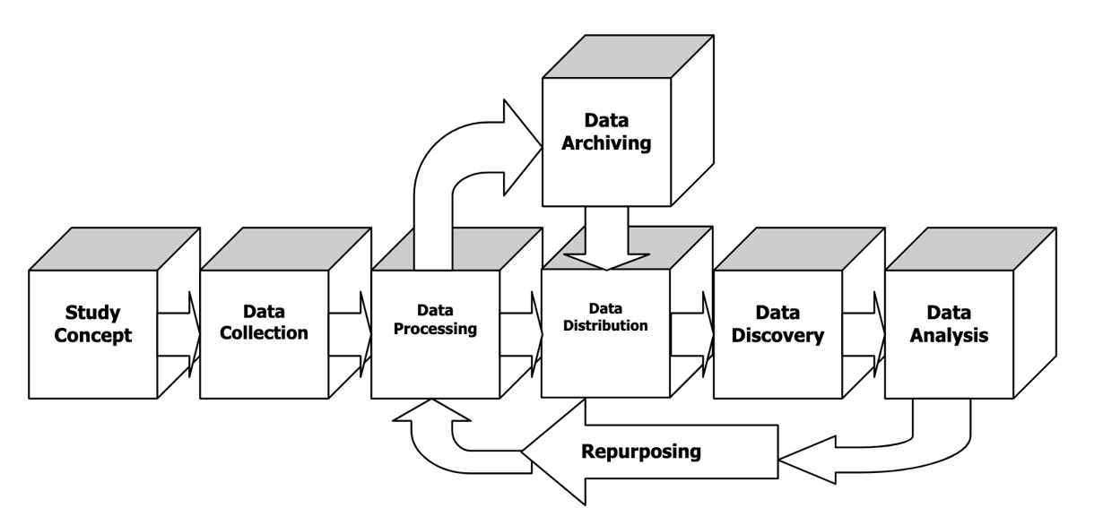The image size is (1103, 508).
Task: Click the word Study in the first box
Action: [x=92, y=314]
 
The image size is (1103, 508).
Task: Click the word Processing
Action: [x=435, y=329]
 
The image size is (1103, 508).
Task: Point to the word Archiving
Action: [x=607, y=143]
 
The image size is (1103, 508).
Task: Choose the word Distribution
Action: [x=606, y=326]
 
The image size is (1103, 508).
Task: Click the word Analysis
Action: [x=948, y=337]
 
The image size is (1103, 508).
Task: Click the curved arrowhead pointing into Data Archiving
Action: [x=522, y=147]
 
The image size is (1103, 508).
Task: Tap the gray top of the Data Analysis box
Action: [x=968, y=247]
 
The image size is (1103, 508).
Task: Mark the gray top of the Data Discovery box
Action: [x=797, y=247]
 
